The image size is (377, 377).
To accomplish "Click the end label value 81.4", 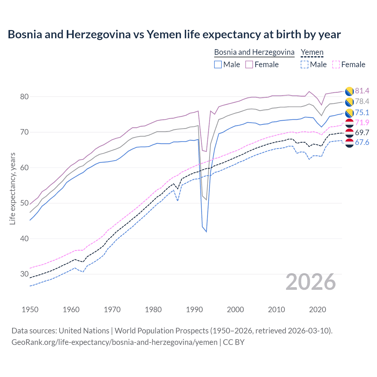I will pos(362,91).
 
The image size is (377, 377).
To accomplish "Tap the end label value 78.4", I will pos(362,101).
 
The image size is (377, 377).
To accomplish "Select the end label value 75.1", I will pos(362,113).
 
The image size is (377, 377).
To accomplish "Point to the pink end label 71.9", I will pos(362,123).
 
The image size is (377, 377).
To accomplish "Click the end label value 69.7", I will pos(362,133).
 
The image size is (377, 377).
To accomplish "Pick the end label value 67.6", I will pos(362,143).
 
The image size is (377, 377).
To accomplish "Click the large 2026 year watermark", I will pos(311,282).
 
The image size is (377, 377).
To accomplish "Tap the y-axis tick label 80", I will pos(24,97).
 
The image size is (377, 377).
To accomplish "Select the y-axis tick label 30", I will pos(24,274).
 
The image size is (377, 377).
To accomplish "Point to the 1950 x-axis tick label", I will pos(30,310).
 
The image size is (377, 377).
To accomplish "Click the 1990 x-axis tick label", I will pos(194,310).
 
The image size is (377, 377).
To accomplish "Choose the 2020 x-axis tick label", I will pos(318,310).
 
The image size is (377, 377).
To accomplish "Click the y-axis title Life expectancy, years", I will pos(12,188).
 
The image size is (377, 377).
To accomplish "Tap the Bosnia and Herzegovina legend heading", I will pos(254,52).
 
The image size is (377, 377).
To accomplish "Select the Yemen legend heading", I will pos(312,52).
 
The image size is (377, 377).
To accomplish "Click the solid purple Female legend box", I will pos(249,65).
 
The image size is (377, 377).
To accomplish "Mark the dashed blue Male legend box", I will pos(304,65).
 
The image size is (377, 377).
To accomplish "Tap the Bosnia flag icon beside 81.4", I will pos(349,91).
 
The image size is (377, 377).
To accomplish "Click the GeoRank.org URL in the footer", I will pos(115,342).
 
